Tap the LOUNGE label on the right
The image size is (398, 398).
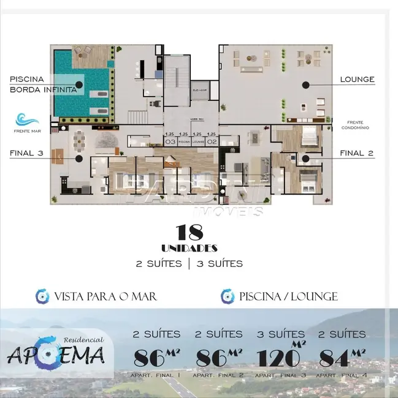coord(357,80)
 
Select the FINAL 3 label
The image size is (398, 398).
coord(26,154)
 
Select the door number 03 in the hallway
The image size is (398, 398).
coord(171,141)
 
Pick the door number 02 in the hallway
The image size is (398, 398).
coord(212,141)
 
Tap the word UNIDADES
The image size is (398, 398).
coord(189,248)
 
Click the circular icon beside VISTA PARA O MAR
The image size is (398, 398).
coord(42,296)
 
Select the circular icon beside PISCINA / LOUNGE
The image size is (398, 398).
coord(228,296)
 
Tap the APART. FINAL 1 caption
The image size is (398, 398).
coord(156,374)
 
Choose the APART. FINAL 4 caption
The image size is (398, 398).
coord(342,374)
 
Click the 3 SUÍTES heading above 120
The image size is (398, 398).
coord(280,334)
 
